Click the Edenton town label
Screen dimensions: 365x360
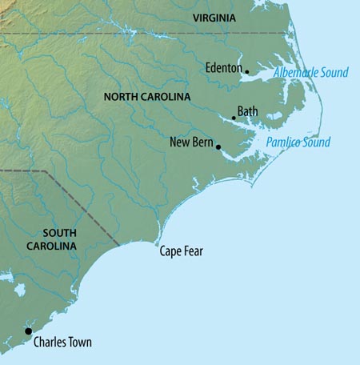(223, 68)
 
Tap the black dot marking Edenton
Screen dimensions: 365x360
(246, 72)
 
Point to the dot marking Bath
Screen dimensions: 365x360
(234, 118)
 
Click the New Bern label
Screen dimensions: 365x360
(190, 142)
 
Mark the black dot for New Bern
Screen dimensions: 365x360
(218, 147)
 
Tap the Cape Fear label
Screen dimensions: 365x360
(182, 251)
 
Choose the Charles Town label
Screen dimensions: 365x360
(62, 343)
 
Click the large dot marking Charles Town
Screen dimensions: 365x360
(28, 331)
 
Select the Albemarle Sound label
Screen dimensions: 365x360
(311, 73)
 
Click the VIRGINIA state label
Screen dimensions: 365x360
(215, 17)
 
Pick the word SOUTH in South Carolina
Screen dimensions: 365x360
(54, 233)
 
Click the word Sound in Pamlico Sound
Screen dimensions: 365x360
(314, 142)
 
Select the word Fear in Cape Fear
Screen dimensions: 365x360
(194, 251)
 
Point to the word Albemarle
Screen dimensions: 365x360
(296, 73)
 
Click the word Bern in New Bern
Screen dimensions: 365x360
(202, 142)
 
